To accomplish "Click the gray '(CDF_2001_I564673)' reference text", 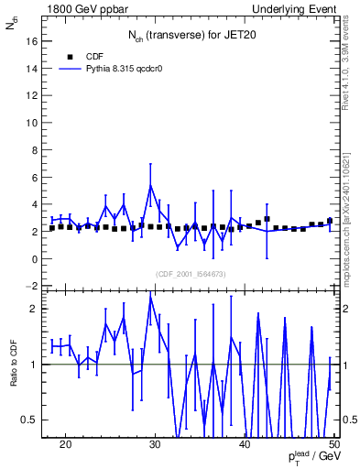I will [x=190, y=274].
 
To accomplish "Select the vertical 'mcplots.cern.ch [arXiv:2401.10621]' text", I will [x=348, y=220].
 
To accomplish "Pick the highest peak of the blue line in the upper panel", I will [x=150, y=186].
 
